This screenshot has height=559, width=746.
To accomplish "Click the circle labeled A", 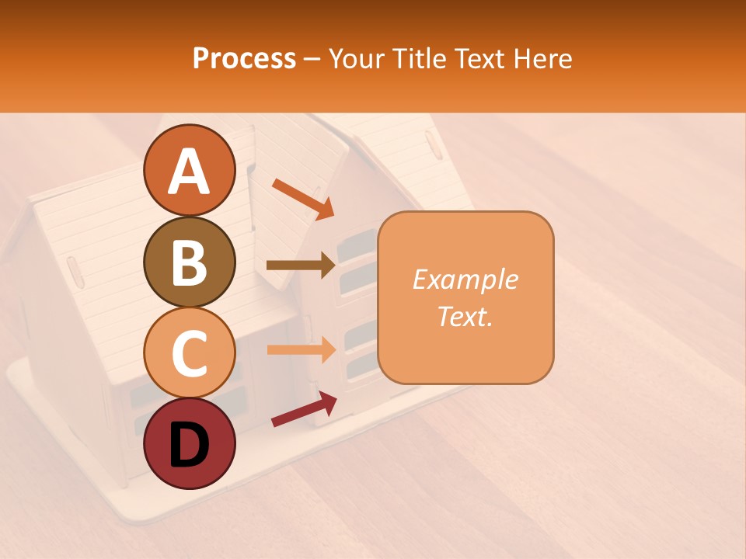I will pos(190,170).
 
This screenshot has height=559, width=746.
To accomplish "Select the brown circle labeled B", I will pos(190,262).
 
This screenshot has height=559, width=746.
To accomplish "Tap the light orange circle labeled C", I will pos(190,352).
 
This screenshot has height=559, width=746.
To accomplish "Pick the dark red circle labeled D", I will pos(190,443).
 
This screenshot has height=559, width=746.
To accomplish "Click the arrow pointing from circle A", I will pos(303,198).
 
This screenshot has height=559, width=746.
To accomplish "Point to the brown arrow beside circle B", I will pos(301,266).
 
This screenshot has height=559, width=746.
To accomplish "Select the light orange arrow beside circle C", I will pos(301,349).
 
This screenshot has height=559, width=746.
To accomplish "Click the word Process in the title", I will pos(244,59).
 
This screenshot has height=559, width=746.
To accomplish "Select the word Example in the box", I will pos(465,279).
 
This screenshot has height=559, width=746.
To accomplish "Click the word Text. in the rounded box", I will pos(465,317).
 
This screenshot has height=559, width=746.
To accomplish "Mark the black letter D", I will pos(190,445).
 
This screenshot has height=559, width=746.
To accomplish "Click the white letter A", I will pos(190,172).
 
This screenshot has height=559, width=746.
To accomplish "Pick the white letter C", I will pos(190,353).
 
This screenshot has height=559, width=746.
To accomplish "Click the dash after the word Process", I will pos(312,60).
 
